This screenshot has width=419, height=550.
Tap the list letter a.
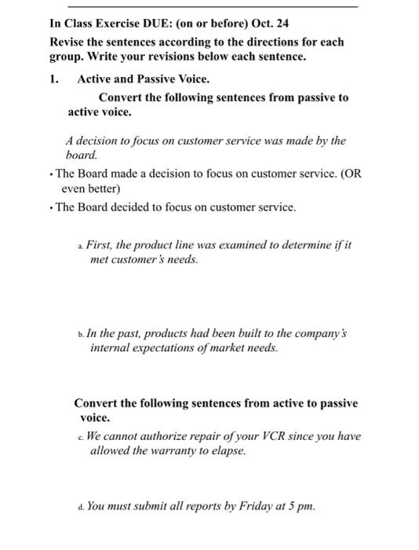(x=80, y=246)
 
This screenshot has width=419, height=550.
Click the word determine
(x=303, y=245)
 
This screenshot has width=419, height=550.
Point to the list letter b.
(x=80, y=334)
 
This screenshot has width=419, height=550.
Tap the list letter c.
(x=80, y=437)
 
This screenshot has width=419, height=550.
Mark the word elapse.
(x=228, y=451)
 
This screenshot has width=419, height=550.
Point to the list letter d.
(x=80, y=507)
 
